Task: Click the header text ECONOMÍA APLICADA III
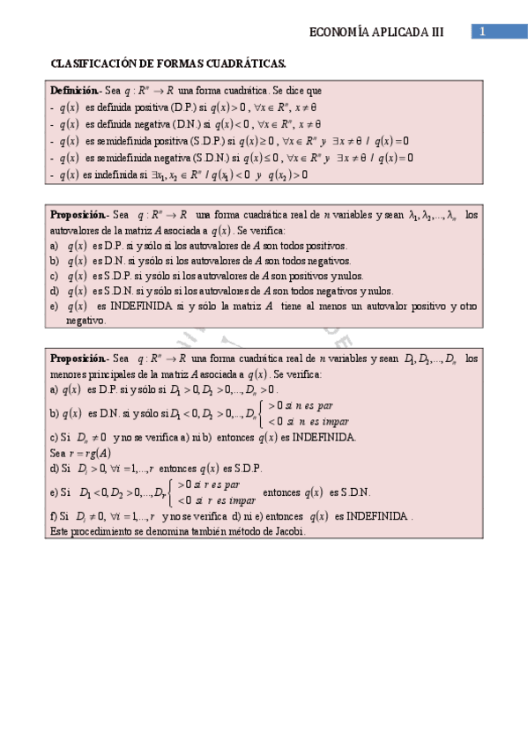click(x=376, y=33)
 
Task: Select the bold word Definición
click(x=74, y=91)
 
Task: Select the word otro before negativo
click(x=467, y=307)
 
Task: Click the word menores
click(x=67, y=373)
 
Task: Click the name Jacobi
click(x=287, y=532)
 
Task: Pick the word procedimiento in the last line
click(x=93, y=532)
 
